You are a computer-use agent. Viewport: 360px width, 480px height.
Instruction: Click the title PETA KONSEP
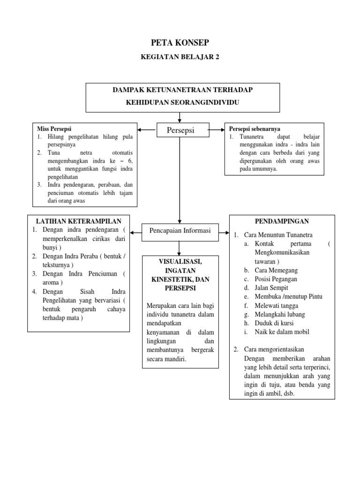click(x=180, y=43)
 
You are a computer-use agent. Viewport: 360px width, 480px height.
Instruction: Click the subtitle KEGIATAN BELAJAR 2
click(x=180, y=57)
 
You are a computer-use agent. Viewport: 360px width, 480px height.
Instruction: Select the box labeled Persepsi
click(x=180, y=130)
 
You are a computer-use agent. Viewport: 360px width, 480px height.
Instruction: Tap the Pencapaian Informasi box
click(x=180, y=230)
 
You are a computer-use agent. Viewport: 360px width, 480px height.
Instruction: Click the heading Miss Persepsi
click(x=54, y=128)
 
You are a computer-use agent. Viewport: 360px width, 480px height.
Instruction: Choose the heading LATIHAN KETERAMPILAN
click(x=79, y=221)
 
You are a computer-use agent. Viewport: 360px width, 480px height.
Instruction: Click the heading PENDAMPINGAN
click(x=282, y=220)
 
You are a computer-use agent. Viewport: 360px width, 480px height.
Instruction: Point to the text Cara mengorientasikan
click(x=275, y=350)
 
